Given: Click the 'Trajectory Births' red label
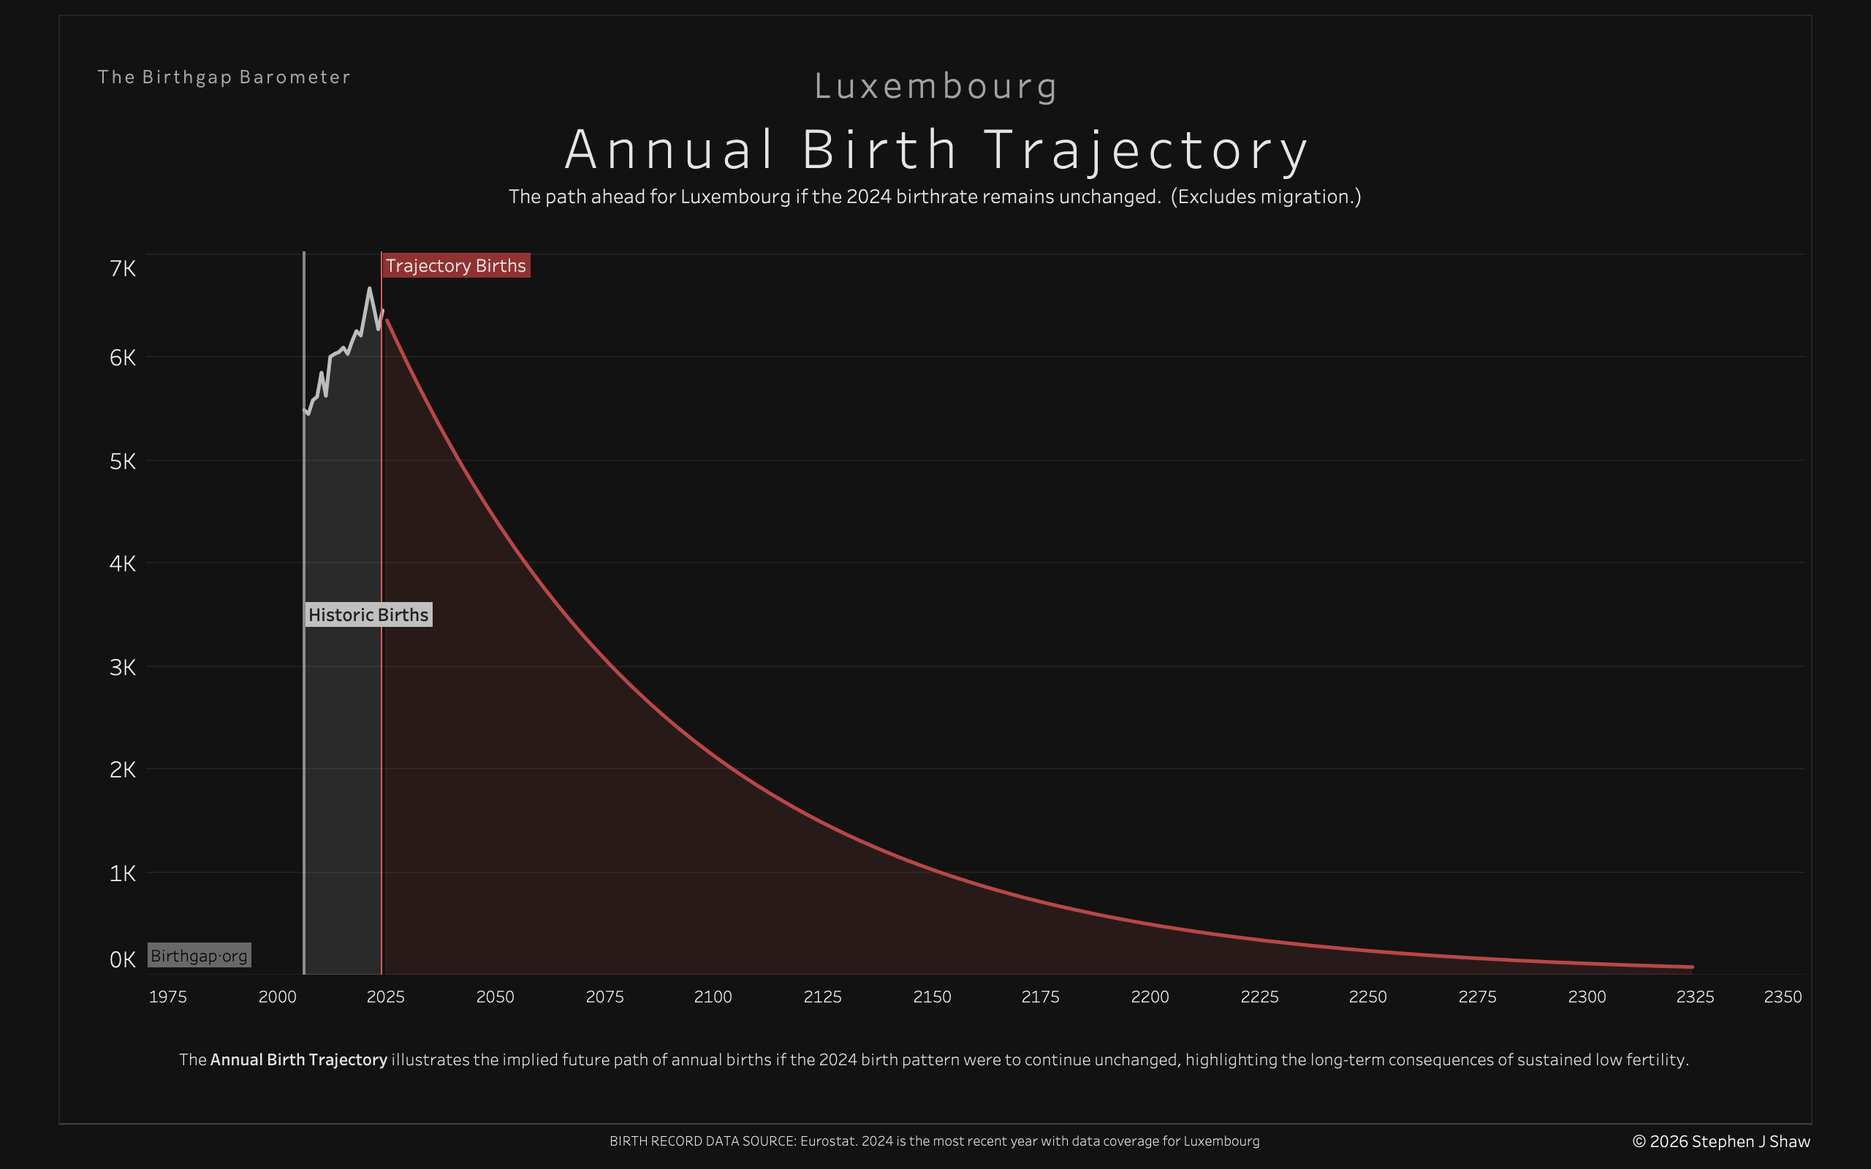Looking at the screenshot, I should point(456,266).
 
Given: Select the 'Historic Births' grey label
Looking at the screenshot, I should point(368,614).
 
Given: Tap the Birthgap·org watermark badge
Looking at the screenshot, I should point(199,956).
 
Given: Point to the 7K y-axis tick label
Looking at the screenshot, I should point(123,268).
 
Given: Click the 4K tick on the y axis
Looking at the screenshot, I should point(123,563).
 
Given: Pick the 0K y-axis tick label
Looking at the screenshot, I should point(123,959).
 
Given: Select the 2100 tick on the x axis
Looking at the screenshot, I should point(713,997).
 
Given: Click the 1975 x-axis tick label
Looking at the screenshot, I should point(168,997).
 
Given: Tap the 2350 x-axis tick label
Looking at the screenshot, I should point(1783,997).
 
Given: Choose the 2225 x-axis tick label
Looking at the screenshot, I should point(1259,997).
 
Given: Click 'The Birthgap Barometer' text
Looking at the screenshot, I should point(224,77).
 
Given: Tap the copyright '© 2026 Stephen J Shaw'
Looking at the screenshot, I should point(1721,1141).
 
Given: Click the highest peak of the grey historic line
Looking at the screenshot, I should point(370,289).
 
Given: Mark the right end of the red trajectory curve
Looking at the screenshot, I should point(1692,967).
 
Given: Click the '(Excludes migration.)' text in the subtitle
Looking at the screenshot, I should point(1266,197).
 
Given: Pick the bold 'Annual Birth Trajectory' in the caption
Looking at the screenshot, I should point(298,1059).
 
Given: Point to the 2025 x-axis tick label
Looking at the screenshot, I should point(386,997).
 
